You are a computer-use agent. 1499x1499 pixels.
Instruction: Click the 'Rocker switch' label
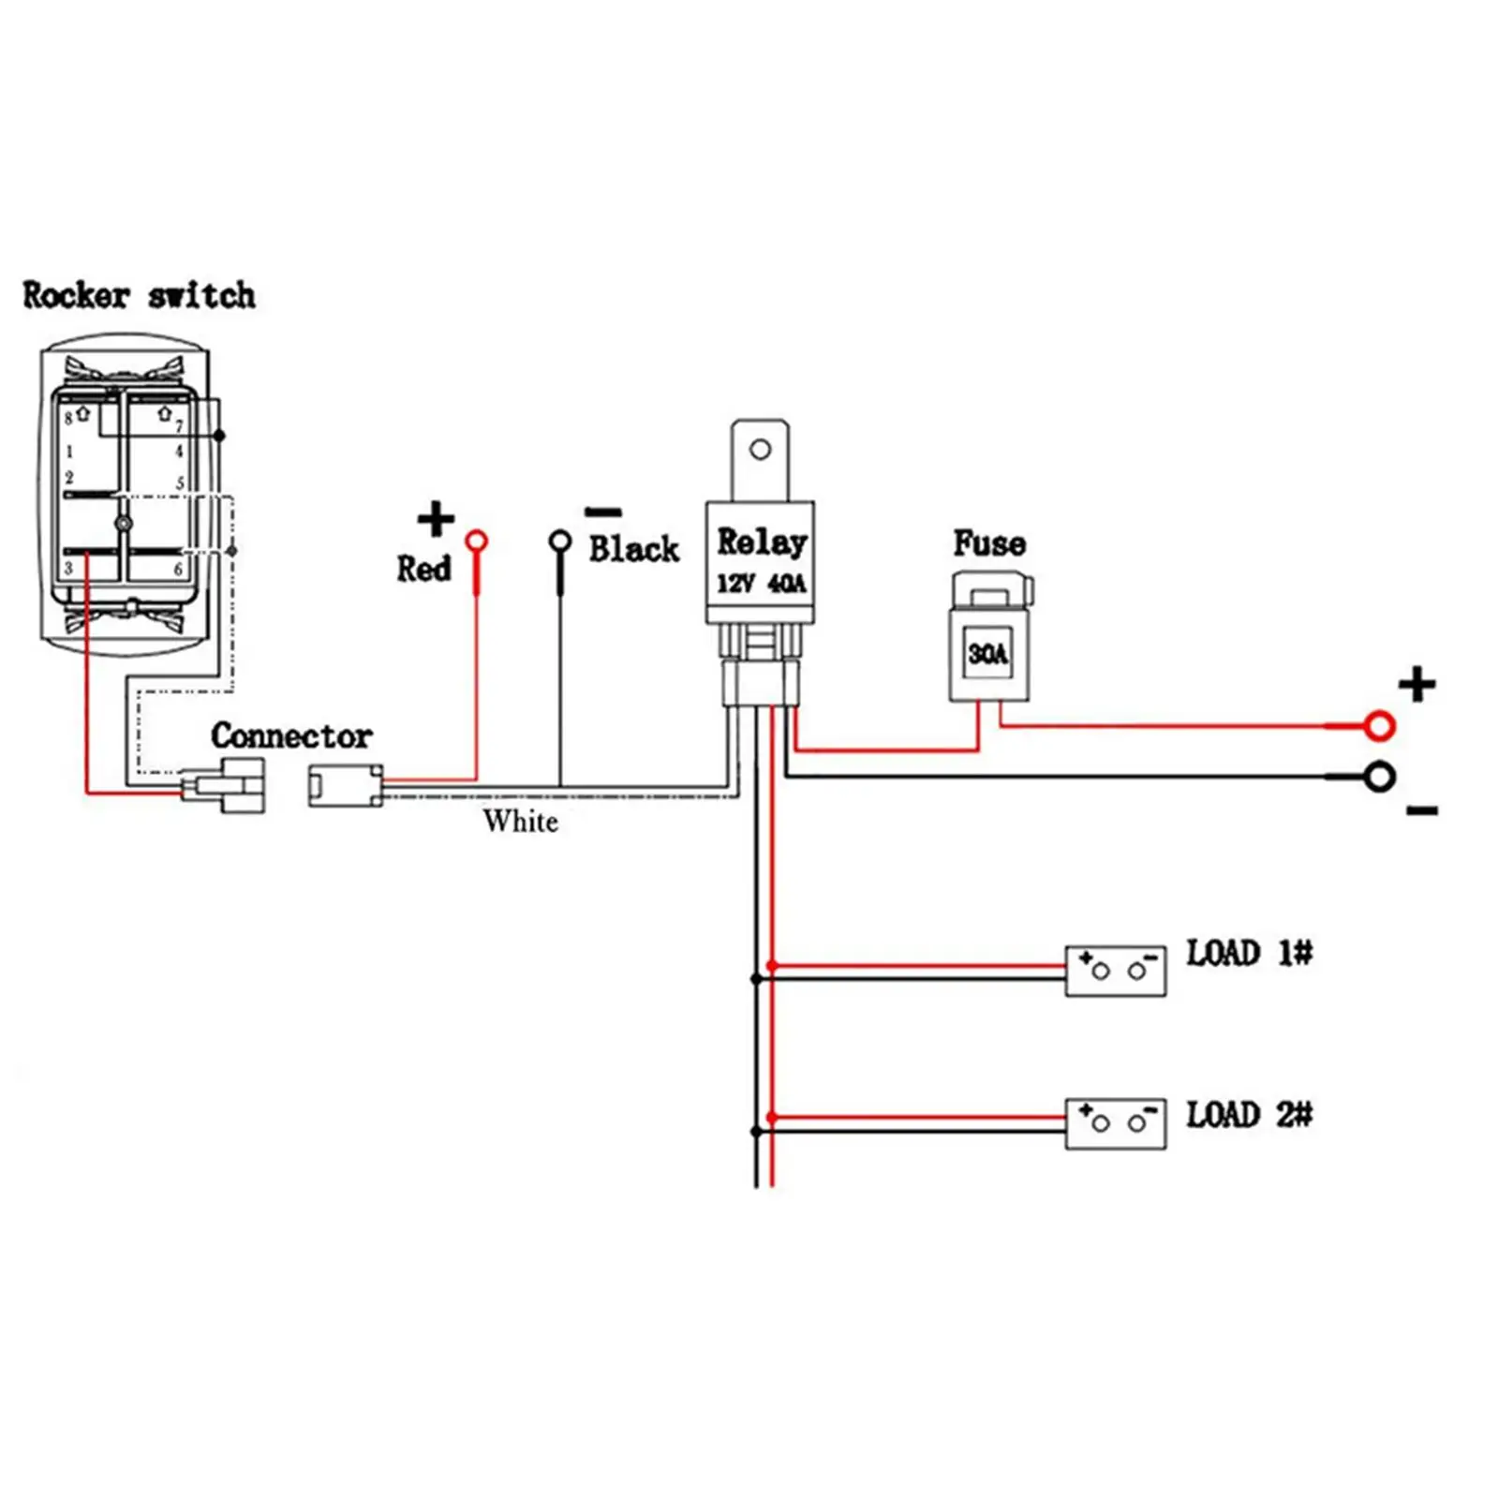pyautogui.click(x=139, y=295)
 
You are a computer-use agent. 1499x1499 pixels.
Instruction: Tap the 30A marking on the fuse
pyautogui.click(x=988, y=653)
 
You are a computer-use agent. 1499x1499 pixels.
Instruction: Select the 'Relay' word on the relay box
pyautogui.click(x=762, y=542)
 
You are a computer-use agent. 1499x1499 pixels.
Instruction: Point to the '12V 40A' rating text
pyautogui.click(x=761, y=584)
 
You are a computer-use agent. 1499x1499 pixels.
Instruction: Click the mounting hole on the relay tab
pyautogui.click(x=761, y=450)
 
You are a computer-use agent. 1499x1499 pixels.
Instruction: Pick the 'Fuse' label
pyautogui.click(x=989, y=543)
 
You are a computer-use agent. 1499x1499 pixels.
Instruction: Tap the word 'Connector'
pyautogui.click(x=291, y=735)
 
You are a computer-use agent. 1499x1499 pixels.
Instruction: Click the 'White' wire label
pyautogui.click(x=521, y=822)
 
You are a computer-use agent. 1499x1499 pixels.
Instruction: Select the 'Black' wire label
pyautogui.click(x=633, y=549)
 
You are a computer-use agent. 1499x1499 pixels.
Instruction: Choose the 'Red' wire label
pyautogui.click(x=423, y=569)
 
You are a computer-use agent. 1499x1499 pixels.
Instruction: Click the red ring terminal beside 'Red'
pyautogui.click(x=477, y=541)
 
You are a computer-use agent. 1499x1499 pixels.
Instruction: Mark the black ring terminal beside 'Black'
pyautogui.click(x=560, y=541)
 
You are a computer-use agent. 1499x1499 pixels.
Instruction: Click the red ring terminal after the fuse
pyautogui.click(x=1379, y=725)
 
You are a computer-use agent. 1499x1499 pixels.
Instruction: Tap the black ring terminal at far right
pyautogui.click(x=1379, y=777)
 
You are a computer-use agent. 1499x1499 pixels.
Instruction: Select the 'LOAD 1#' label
pyautogui.click(x=1250, y=954)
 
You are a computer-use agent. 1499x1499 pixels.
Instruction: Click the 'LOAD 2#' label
pyautogui.click(x=1250, y=1115)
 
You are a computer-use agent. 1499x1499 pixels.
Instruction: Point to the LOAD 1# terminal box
pyautogui.click(x=1116, y=971)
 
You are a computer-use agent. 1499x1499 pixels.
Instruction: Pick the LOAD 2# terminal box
pyautogui.click(x=1116, y=1123)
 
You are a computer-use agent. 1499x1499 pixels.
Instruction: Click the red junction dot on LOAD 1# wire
pyautogui.click(x=772, y=965)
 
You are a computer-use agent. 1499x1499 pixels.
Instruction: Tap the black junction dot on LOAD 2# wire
pyautogui.click(x=756, y=1132)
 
